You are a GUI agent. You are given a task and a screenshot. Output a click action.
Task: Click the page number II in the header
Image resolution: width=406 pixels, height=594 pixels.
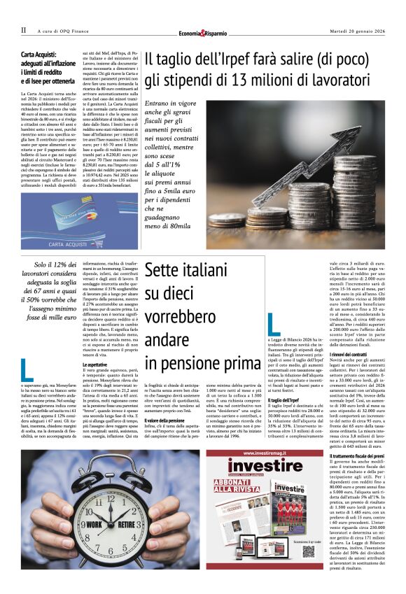pos(23,31)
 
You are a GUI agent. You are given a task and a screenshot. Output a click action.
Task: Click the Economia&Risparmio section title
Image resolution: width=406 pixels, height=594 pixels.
pos(202,32)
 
